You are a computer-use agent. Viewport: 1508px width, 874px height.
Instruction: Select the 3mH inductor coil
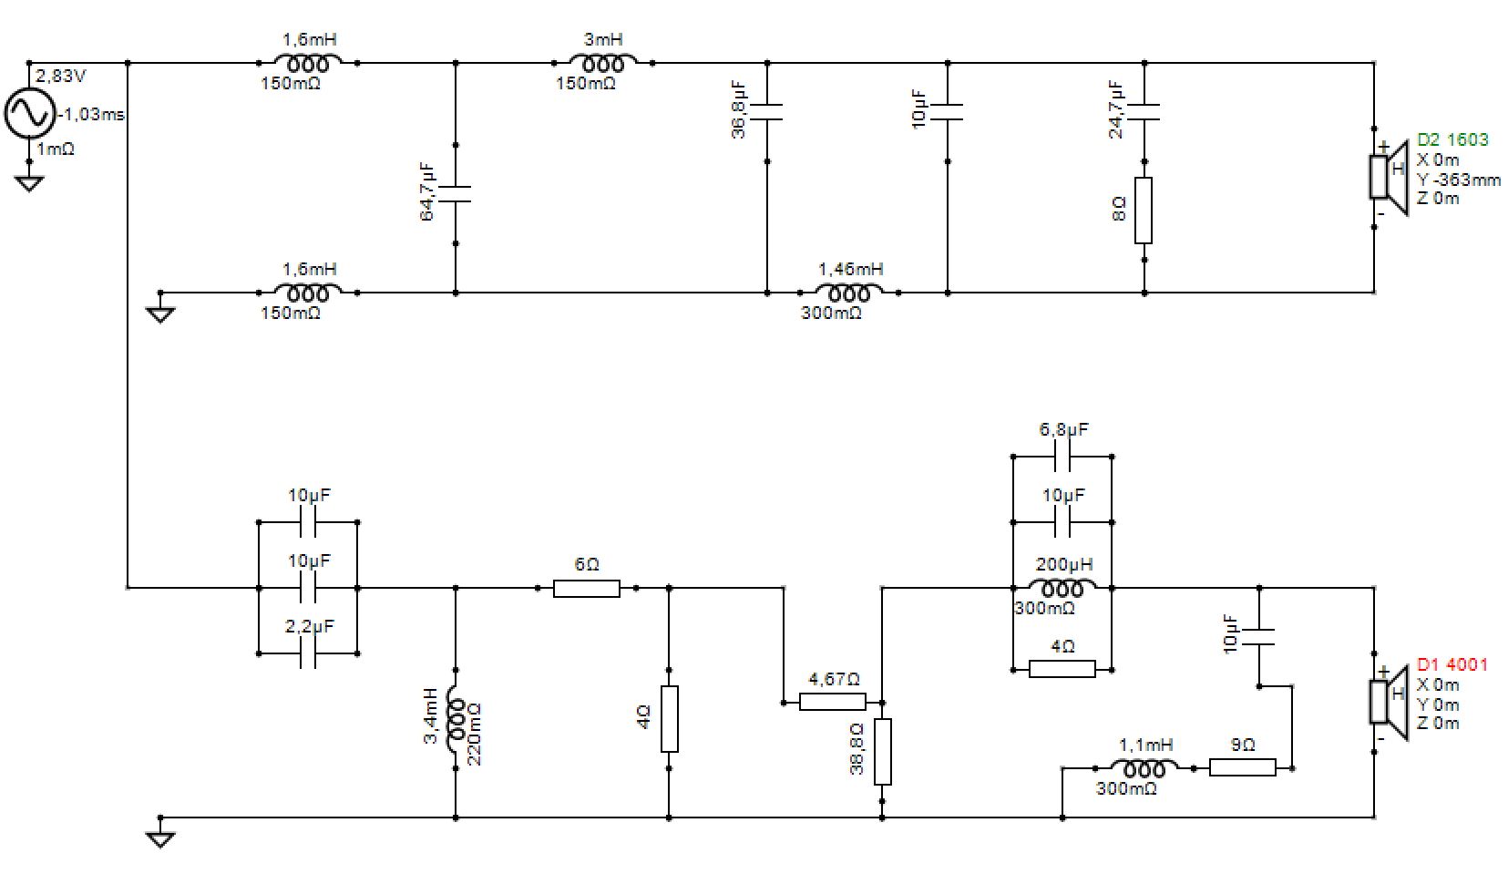[603, 63]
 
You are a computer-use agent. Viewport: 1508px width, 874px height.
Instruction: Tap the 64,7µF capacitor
[456, 194]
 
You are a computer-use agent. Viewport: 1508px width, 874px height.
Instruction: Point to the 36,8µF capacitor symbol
[767, 112]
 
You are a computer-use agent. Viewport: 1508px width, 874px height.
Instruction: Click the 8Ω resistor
[1144, 211]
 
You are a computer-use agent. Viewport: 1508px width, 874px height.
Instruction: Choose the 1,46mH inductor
[849, 293]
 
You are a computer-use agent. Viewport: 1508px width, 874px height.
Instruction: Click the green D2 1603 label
[1452, 139]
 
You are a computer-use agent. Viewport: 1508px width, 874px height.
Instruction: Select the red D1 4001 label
[1452, 664]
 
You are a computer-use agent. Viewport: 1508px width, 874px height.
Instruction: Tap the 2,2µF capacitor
[308, 653]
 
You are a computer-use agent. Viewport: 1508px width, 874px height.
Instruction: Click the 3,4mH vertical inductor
[456, 718]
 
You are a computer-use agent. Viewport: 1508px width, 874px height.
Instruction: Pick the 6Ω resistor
[587, 589]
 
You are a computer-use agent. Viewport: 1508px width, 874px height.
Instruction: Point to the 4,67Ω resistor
[832, 703]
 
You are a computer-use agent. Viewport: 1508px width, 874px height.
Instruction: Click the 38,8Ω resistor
[882, 752]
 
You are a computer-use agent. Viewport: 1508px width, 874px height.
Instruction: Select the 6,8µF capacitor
[1062, 457]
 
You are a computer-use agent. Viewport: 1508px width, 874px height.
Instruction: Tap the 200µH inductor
[1062, 589]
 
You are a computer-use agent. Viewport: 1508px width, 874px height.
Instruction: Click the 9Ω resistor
[1242, 767]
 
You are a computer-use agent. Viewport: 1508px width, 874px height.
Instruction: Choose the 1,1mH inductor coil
[1144, 767]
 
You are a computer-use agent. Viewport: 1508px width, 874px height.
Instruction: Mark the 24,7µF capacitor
[1144, 112]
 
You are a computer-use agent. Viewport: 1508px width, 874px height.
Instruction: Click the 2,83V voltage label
[60, 76]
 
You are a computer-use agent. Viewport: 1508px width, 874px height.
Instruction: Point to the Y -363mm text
[1458, 180]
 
